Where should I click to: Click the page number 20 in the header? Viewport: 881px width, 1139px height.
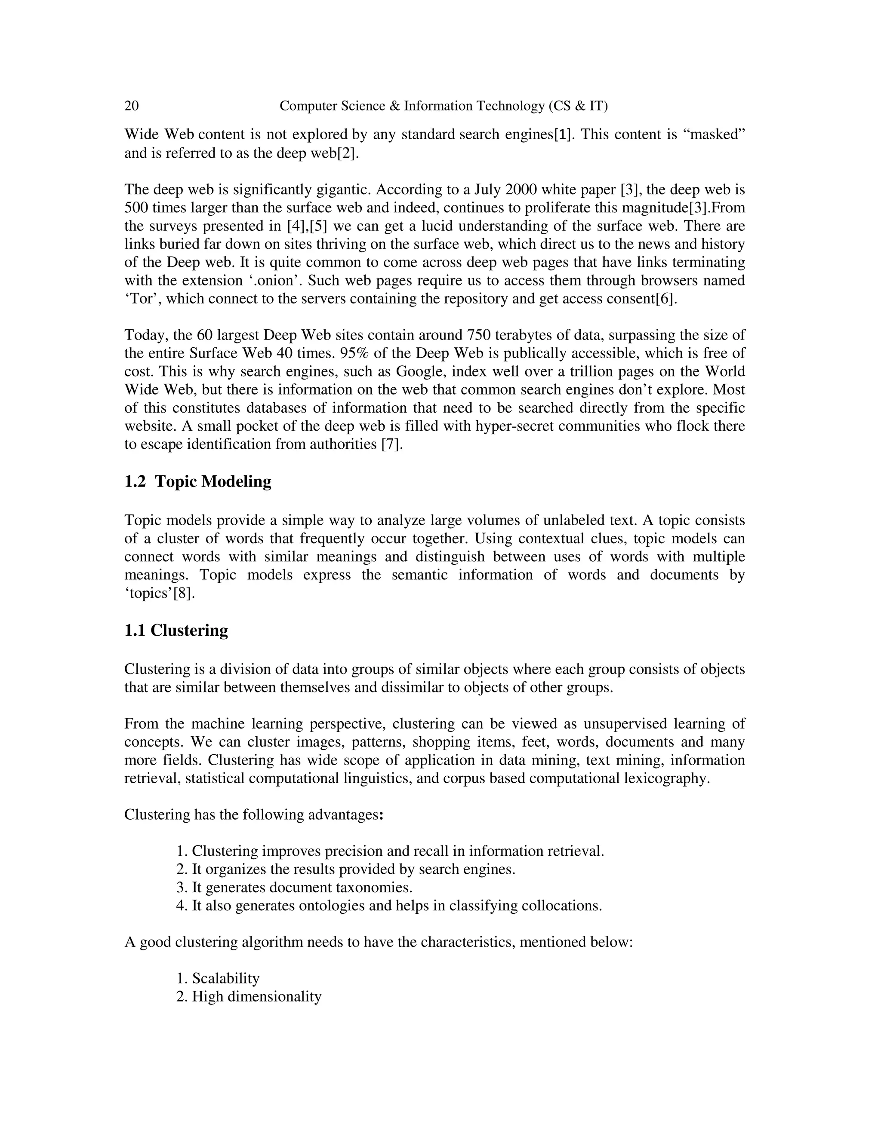[x=132, y=107]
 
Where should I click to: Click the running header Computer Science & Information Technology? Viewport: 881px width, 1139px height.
[x=444, y=107]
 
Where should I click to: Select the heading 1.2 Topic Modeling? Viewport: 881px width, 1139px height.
[x=198, y=481]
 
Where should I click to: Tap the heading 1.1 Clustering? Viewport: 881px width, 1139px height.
[x=176, y=631]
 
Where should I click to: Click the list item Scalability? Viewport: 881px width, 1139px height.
[x=218, y=978]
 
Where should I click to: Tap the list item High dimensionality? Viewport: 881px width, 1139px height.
[x=250, y=997]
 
